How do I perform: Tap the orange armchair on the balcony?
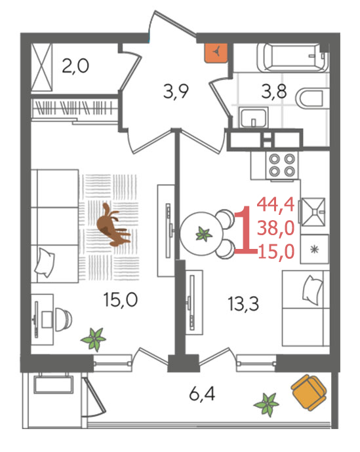pyautogui.click(x=308, y=392)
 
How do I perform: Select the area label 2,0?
pyautogui.click(x=75, y=66)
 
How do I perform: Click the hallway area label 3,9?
pyautogui.click(x=176, y=92)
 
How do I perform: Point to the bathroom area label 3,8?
pyautogui.click(x=273, y=91)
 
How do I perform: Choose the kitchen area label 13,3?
pyautogui.click(x=243, y=304)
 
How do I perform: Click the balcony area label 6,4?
pyautogui.click(x=202, y=394)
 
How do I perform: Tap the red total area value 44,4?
pyautogui.click(x=275, y=204)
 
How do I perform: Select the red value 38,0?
pyautogui.click(x=276, y=227)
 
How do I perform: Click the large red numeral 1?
pyautogui.click(x=245, y=230)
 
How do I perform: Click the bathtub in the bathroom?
pyautogui.click(x=292, y=57)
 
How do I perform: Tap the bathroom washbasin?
pyautogui.click(x=253, y=117)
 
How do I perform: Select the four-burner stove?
pyautogui.click(x=282, y=166)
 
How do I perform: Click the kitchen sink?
pyautogui.click(x=313, y=212)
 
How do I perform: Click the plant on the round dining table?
pyautogui.click(x=204, y=234)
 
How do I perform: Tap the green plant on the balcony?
pyautogui.click(x=266, y=404)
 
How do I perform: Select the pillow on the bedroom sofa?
pyautogui.click(x=45, y=263)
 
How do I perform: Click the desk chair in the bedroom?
pyautogui.click(x=64, y=320)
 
